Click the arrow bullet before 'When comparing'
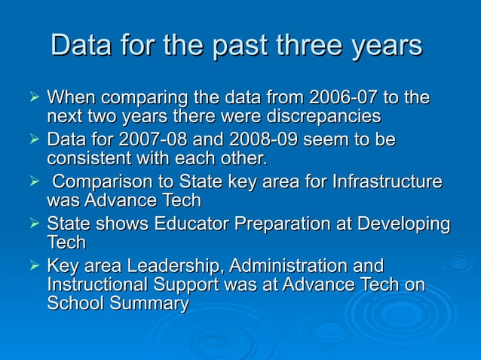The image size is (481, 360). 32,98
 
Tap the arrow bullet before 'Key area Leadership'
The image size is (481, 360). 32,267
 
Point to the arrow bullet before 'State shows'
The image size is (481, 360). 32,224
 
